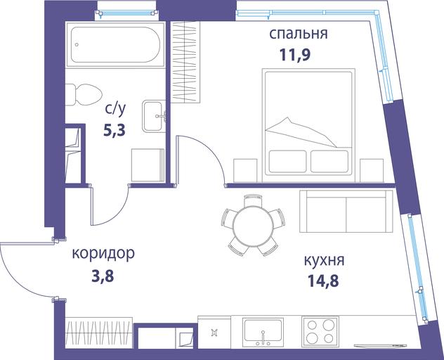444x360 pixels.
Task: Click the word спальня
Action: click(299, 34)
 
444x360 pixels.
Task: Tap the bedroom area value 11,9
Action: click(295, 54)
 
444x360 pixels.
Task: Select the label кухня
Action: click(325, 260)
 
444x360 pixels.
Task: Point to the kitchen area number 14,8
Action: click(323, 281)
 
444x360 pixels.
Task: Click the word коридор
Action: click(103, 254)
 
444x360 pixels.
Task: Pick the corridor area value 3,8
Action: click(103, 276)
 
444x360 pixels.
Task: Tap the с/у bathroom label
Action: click(115, 110)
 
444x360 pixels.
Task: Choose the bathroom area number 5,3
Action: click(115, 130)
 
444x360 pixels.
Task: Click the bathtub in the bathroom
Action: click(115, 44)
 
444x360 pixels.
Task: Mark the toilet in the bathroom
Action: click(84, 95)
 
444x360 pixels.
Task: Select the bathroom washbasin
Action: click(154, 116)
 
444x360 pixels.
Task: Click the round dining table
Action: click(253, 226)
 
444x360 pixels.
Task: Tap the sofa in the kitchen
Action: click(346, 211)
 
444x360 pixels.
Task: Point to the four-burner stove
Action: click(320, 331)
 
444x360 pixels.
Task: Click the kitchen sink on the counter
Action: click(263, 331)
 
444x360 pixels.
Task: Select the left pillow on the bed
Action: click(287, 161)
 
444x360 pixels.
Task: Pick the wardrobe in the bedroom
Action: click(185, 62)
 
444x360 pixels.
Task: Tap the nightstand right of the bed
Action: click(371, 170)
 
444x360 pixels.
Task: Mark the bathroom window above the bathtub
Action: click(126, 13)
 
